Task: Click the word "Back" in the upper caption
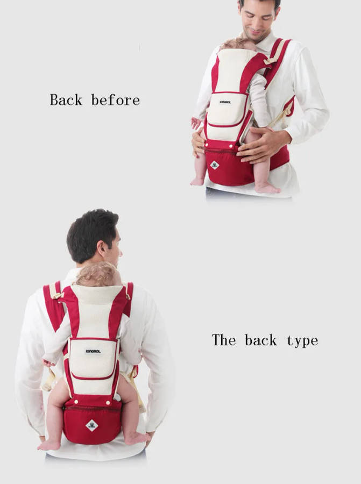[66, 100]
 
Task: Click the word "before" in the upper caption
[116, 100]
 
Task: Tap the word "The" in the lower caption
[224, 340]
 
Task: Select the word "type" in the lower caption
[302, 341]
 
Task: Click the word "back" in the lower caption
[261, 340]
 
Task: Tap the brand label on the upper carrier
[225, 102]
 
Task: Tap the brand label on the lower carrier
[93, 351]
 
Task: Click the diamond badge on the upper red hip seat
[215, 166]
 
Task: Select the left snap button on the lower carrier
[76, 402]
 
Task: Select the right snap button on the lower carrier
[108, 403]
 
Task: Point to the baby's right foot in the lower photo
[137, 438]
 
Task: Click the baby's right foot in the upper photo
[267, 188]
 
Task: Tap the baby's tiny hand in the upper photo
[196, 123]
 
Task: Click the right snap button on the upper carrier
[230, 145]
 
